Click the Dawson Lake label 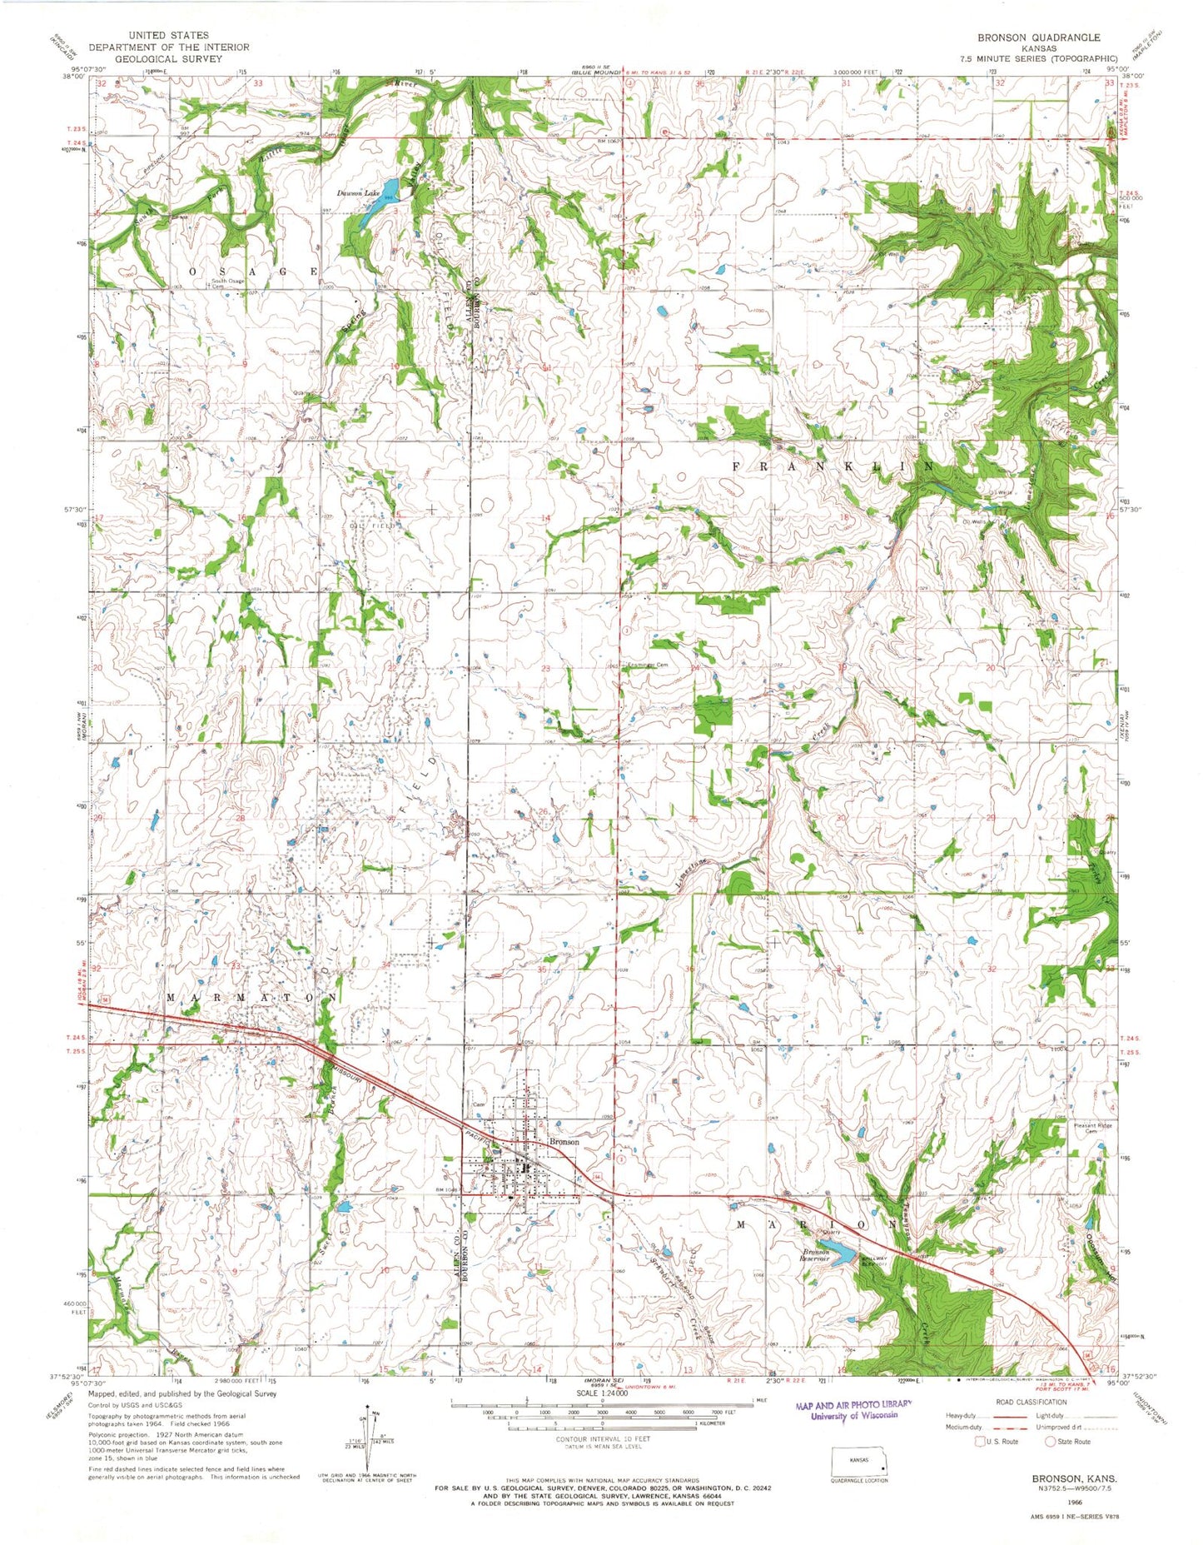(x=359, y=193)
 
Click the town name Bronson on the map (x=564, y=1142)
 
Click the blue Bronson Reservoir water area (x=841, y=1252)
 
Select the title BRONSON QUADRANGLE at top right (x=1052, y=37)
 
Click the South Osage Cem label (x=227, y=283)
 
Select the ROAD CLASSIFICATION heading (x=1031, y=1402)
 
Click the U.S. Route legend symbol (x=979, y=1441)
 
